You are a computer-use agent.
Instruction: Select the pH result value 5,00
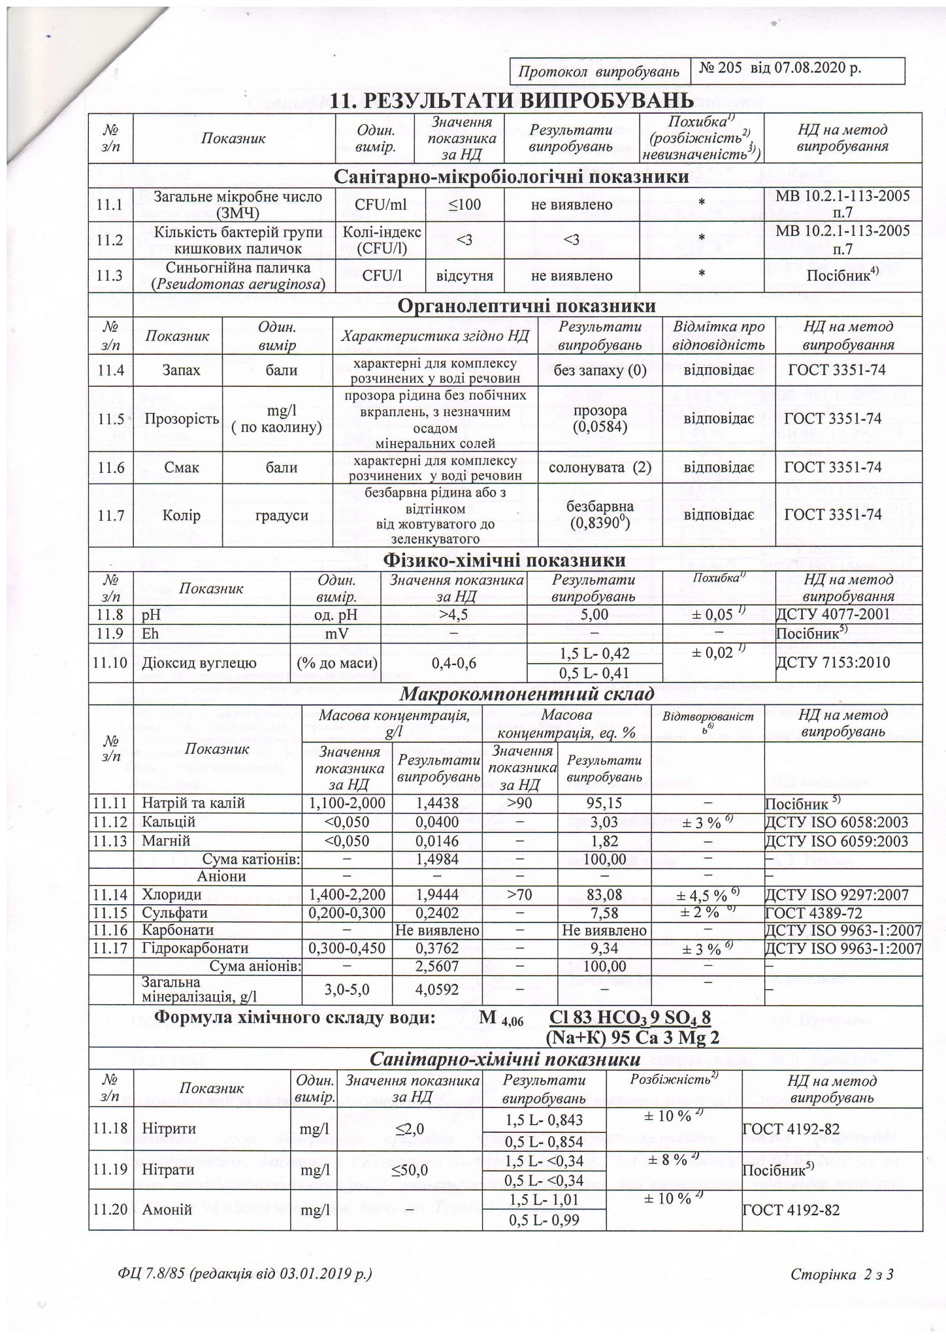click(x=594, y=615)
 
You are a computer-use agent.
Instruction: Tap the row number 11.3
click(x=110, y=276)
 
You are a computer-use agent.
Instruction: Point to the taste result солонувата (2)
click(x=600, y=468)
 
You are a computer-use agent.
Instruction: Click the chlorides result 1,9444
click(x=437, y=894)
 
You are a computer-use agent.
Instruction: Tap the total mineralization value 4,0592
click(x=437, y=990)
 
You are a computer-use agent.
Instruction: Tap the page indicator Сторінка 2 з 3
click(x=841, y=1275)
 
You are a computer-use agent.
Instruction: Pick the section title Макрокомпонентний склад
click(x=527, y=694)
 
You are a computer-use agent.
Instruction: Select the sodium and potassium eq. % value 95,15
click(x=604, y=804)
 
